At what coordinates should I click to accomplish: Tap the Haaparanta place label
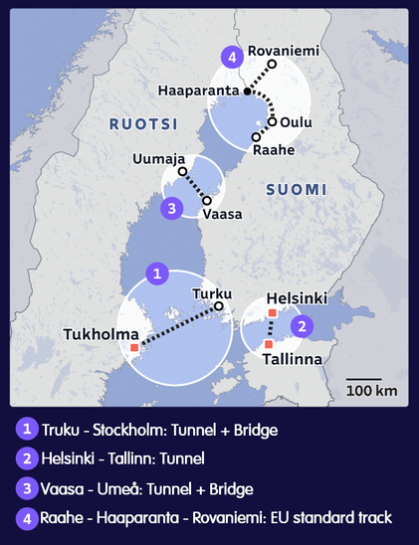199,91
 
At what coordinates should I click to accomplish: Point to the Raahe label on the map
273,150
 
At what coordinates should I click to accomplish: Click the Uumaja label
159,159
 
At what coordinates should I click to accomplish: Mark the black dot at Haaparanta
248,91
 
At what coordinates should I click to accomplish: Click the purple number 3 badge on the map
172,208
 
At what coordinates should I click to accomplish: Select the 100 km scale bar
364,381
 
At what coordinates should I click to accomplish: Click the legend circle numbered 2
26,458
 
